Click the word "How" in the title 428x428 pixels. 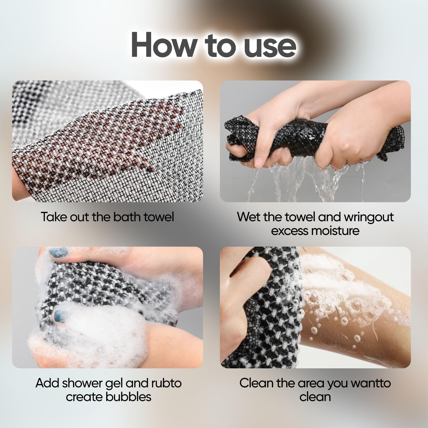tap(163, 44)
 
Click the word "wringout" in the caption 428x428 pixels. tap(369, 217)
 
